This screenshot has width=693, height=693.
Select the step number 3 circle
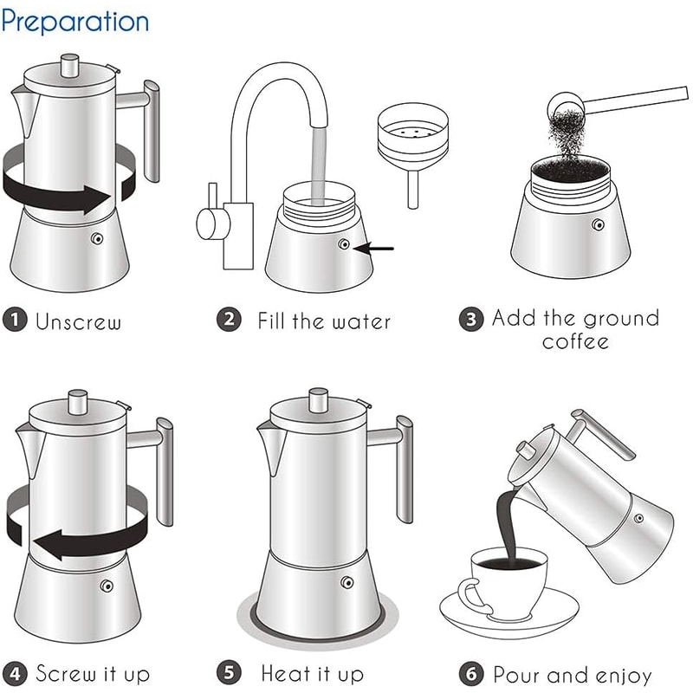pyautogui.click(x=470, y=319)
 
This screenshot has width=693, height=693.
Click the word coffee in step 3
pyautogui.click(x=575, y=341)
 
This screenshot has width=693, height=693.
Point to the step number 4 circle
pyautogui.click(x=13, y=673)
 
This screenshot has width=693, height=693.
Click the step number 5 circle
pyautogui.click(x=228, y=673)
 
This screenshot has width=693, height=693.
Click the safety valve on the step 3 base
pyautogui.click(x=598, y=225)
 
